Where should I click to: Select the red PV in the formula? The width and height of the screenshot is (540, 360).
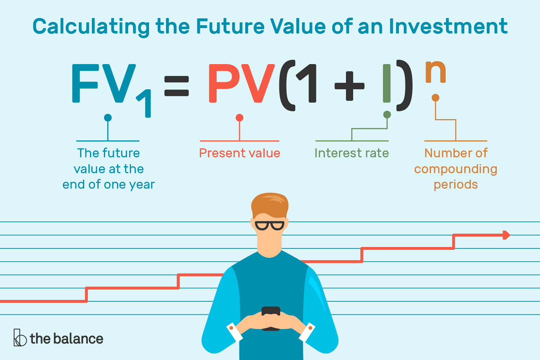click(242, 84)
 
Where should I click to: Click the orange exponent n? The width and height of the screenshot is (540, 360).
click(436, 72)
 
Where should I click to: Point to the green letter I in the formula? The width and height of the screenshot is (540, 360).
click(387, 84)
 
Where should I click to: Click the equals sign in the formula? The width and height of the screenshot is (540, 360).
click(176, 86)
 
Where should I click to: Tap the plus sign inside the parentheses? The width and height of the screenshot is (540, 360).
click(349, 86)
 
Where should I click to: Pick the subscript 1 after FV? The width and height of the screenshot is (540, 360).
click(144, 103)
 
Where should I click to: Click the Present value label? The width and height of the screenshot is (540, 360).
click(240, 153)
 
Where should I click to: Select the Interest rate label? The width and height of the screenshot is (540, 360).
click(352, 153)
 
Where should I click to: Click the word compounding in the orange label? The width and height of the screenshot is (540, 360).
click(456, 170)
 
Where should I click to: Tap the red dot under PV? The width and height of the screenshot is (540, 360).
click(239, 118)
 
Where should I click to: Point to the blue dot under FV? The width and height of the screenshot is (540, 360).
click(108, 118)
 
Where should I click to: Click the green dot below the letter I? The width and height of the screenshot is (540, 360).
click(387, 114)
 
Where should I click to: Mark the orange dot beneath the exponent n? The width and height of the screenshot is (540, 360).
click(435, 98)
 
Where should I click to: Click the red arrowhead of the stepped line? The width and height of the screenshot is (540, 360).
click(506, 235)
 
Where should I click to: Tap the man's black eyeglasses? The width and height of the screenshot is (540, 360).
click(270, 226)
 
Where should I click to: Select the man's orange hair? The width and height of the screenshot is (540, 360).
click(270, 205)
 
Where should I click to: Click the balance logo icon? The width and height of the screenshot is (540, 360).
click(20, 338)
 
